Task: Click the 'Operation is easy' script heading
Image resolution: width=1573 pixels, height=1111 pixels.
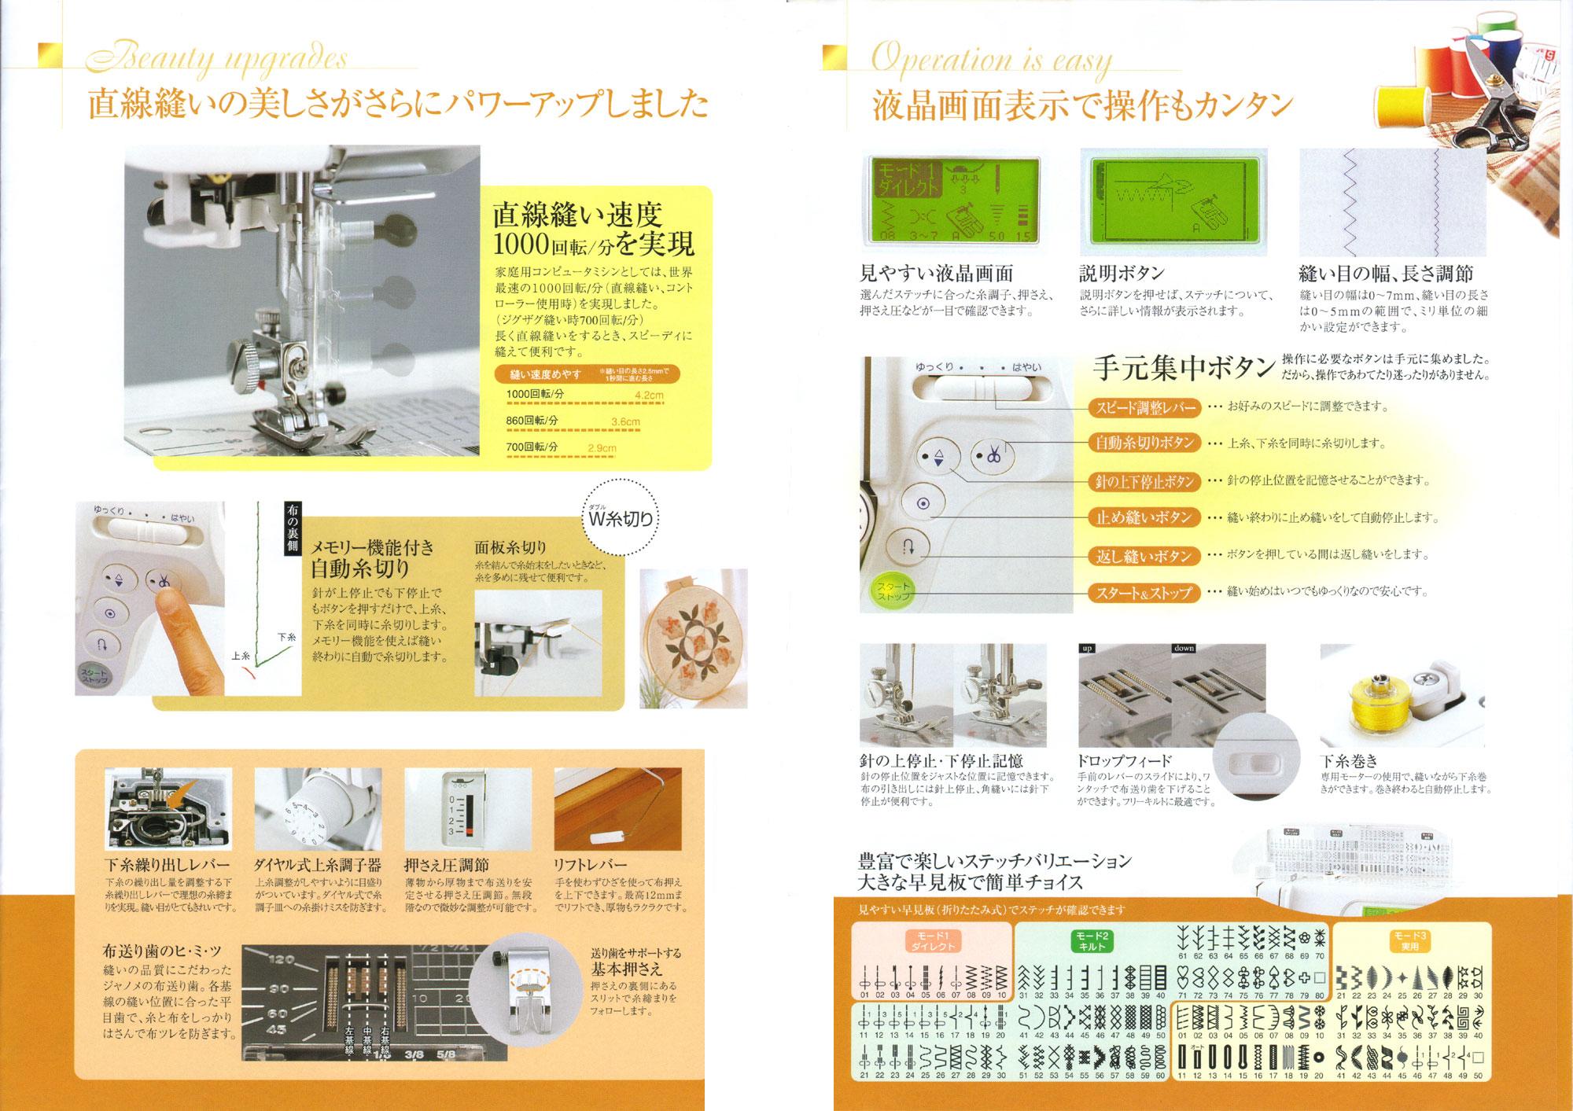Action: [x=991, y=60]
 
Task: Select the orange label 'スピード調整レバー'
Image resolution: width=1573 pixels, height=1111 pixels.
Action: [x=1144, y=407]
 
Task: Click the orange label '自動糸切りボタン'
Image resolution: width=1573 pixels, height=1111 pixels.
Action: [x=1144, y=443]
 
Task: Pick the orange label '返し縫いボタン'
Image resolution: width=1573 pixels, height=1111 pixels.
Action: [x=1144, y=556]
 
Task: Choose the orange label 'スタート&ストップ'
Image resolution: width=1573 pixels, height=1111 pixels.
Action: [x=1144, y=593]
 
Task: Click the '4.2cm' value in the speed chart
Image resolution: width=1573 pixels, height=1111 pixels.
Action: [x=648, y=395]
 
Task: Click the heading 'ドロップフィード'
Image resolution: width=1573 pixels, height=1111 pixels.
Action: [x=1124, y=760]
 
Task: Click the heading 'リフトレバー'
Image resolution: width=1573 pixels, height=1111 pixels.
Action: [x=591, y=865]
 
